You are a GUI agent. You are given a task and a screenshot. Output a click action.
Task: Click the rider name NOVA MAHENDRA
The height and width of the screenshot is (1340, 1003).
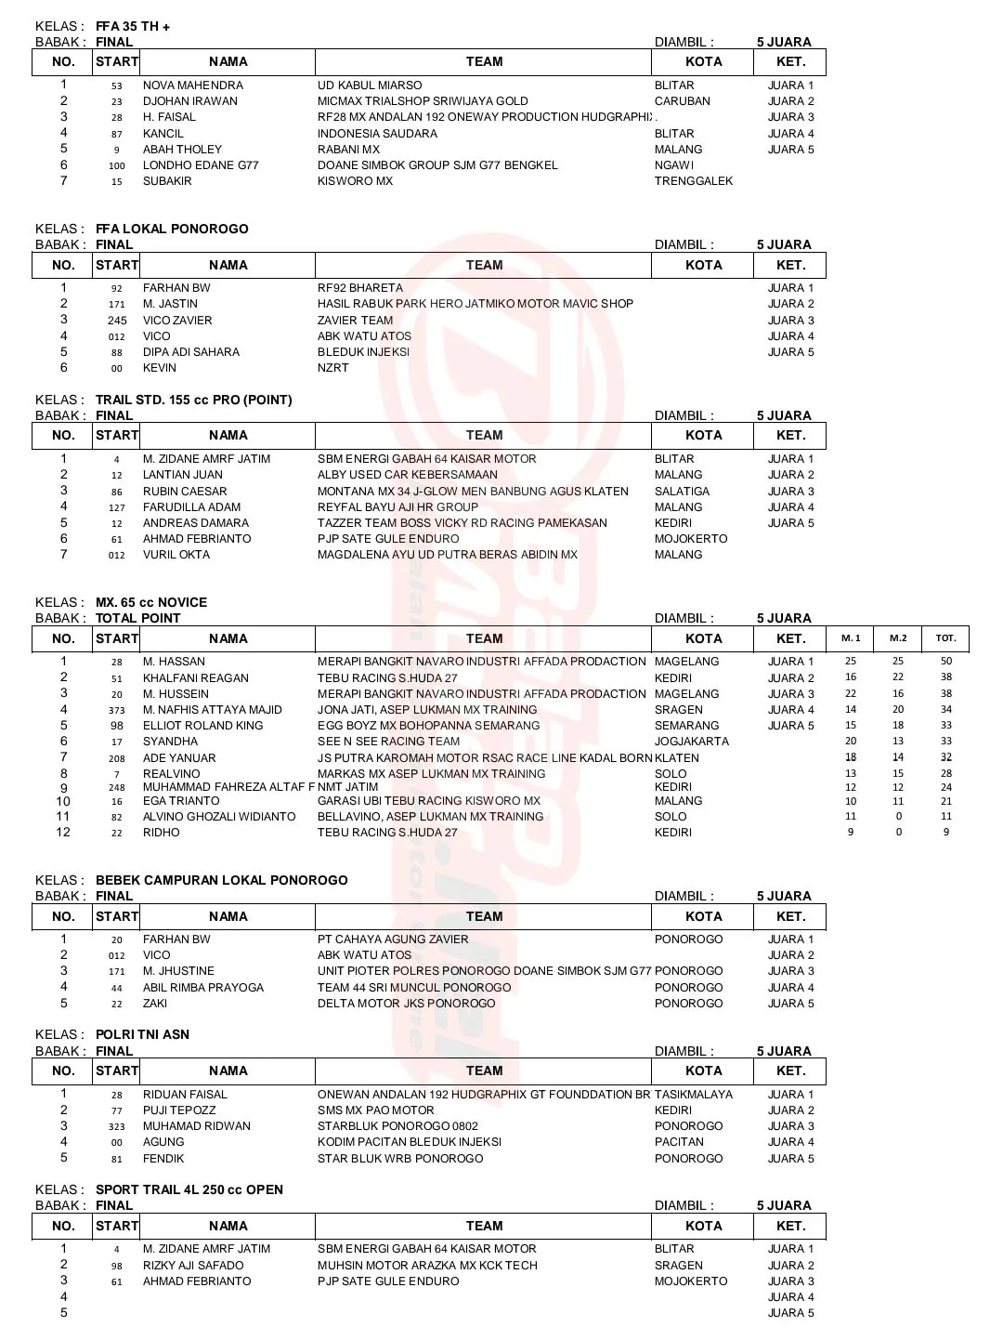(192, 85)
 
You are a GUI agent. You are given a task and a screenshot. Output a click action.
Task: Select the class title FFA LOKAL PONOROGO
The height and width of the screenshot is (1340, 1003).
(172, 229)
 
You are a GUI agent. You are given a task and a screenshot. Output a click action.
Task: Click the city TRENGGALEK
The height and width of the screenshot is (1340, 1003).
(693, 181)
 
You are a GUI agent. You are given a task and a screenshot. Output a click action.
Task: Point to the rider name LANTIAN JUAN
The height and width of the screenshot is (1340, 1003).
(182, 475)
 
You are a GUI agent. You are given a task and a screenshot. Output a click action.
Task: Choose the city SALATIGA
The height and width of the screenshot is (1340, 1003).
(681, 492)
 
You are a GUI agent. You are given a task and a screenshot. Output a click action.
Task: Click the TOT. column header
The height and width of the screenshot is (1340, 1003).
(945, 638)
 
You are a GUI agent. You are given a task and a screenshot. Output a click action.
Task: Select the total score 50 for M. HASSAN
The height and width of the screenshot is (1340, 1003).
(945, 662)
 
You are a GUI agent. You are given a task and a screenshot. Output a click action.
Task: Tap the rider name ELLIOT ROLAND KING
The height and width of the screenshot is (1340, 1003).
(202, 726)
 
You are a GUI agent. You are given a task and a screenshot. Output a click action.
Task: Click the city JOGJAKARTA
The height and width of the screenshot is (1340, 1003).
(691, 742)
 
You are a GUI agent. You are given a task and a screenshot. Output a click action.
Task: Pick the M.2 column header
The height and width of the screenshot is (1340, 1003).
(897, 638)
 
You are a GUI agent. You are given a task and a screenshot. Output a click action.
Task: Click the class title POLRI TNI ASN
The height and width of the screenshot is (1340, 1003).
(142, 1034)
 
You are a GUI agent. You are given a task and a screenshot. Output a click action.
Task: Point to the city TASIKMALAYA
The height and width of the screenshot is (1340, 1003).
(693, 1095)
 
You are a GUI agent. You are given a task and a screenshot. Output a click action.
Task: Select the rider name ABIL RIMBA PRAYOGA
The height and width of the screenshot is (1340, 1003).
(202, 988)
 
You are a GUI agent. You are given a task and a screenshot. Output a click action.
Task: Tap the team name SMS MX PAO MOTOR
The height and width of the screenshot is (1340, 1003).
(375, 1110)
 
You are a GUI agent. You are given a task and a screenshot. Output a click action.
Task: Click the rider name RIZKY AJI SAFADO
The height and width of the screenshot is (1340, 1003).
(193, 1266)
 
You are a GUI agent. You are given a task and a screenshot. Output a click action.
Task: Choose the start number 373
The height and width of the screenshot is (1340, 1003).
(117, 710)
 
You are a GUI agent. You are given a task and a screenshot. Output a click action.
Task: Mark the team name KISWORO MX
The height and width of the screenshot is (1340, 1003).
(355, 181)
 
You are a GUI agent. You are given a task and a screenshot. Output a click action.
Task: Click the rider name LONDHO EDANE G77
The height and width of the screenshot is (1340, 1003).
(201, 165)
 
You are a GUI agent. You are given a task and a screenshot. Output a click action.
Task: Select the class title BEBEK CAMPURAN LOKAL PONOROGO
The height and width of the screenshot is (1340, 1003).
(221, 880)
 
